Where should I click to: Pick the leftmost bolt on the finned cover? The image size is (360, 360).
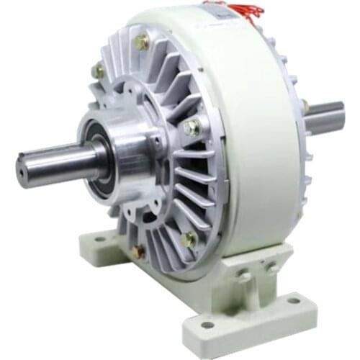(98, 71)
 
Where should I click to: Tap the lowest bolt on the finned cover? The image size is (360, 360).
(138, 251)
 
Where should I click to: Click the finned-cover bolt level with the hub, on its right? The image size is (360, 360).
(192, 128)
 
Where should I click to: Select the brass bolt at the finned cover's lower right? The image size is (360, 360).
(189, 239)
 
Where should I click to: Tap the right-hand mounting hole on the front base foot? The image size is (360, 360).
(293, 300)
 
